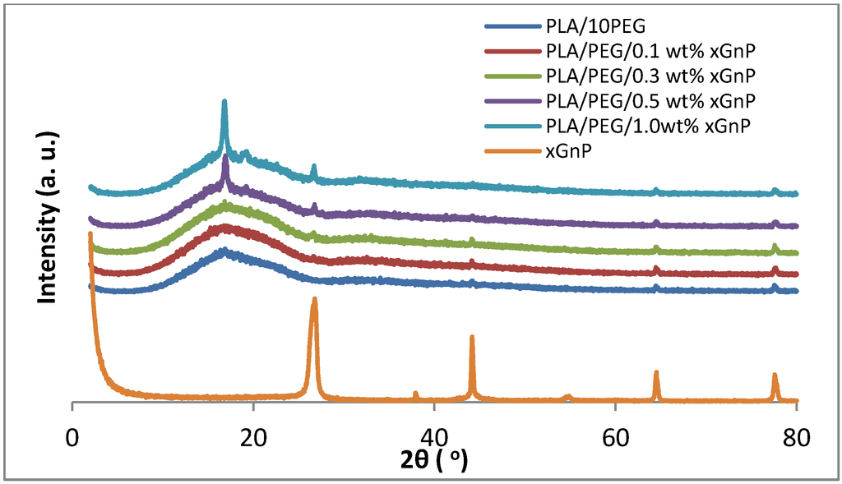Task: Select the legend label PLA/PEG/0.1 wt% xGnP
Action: point(650,52)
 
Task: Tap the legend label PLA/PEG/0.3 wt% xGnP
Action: point(650,76)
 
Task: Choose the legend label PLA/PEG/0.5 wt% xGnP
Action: point(650,101)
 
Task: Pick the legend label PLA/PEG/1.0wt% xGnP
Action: point(649,126)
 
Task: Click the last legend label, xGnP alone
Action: point(568,150)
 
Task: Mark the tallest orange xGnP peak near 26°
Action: point(314,300)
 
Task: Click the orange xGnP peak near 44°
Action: point(472,337)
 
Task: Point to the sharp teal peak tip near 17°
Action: point(224,101)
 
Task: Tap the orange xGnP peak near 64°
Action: point(656,373)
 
